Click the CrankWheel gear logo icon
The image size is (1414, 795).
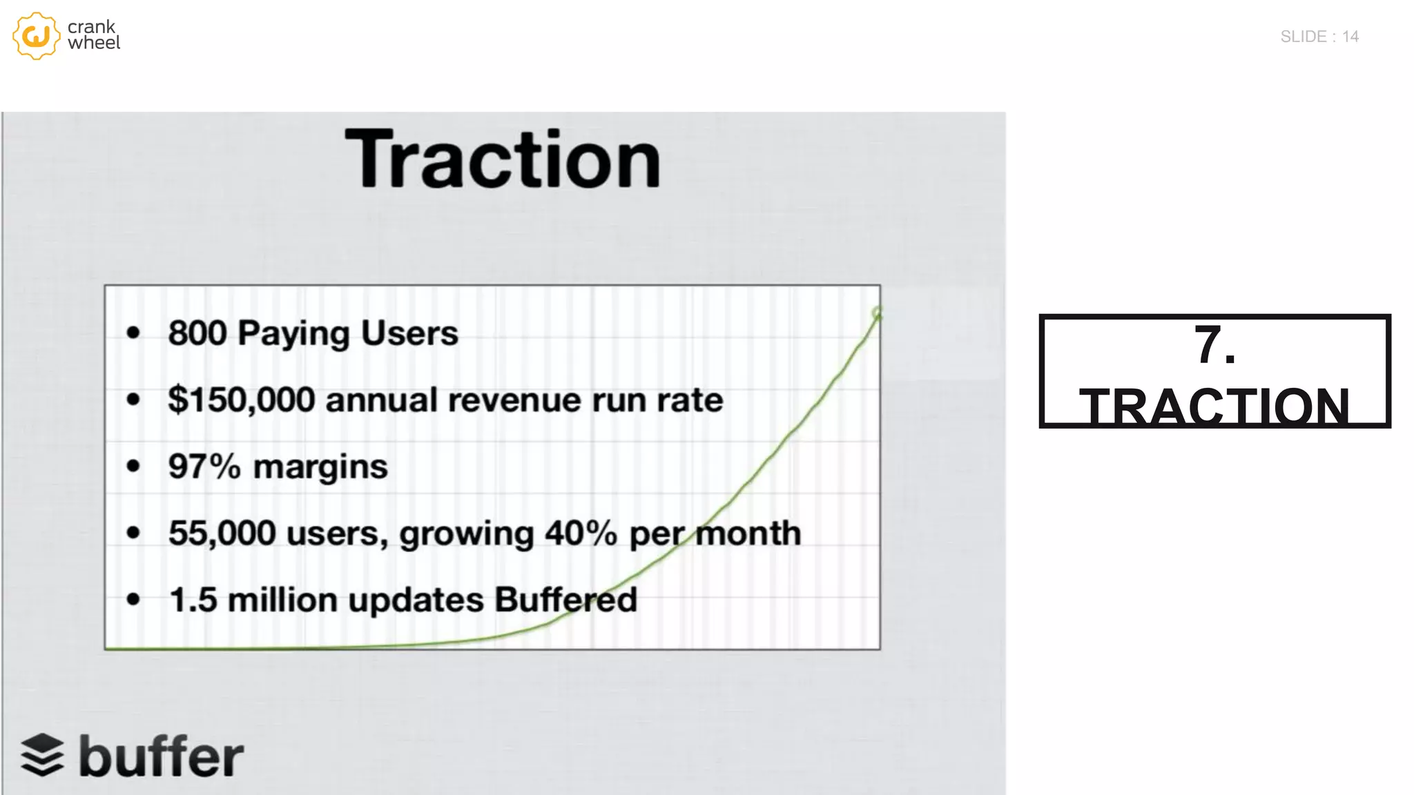click(x=36, y=36)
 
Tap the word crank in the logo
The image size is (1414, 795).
click(x=91, y=27)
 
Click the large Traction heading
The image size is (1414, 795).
click(x=503, y=159)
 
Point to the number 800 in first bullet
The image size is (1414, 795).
click(x=197, y=333)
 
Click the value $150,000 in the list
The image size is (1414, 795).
click(x=242, y=400)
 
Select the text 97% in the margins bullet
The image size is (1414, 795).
click(x=204, y=467)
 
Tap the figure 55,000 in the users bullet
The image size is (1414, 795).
click(x=222, y=533)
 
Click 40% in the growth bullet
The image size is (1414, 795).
click(x=581, y=533)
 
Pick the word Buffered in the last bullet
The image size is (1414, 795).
click(x=565, y=600)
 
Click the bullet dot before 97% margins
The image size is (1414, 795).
click(x=133, y=467)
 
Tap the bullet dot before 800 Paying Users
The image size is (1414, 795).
click(x=133, y=333)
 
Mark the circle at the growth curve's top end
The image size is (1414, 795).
click(x=877, y=313)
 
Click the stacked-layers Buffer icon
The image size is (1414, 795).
click(x=42, y=755)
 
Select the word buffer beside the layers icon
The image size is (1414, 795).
click(x=161, y=756)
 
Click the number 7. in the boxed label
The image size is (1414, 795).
click(x=1214, y=344)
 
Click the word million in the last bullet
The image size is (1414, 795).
click(x=282, y=600)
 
